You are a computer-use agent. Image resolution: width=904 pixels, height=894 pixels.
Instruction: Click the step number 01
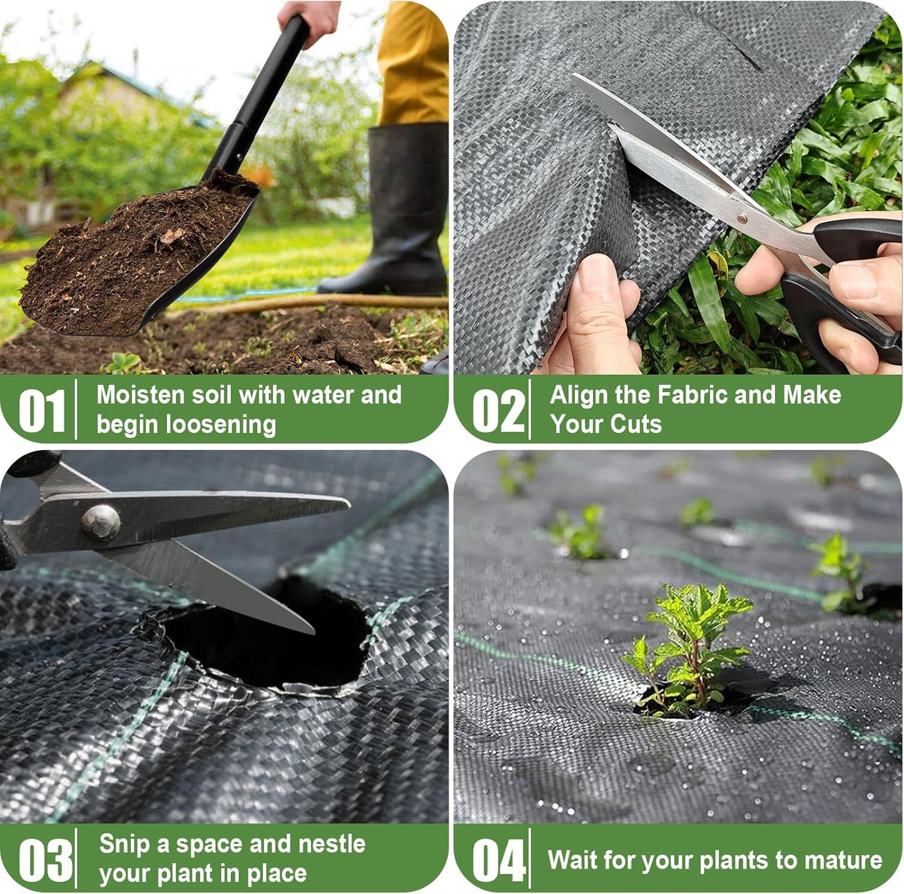coord(42,411)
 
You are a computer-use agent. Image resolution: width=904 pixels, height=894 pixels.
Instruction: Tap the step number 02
coord(498,411)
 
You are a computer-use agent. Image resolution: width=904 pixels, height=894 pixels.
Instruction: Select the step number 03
coord(45,860)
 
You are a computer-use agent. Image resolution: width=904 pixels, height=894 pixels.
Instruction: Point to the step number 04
coord(499,860)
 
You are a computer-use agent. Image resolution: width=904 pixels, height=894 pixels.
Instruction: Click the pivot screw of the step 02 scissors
coord(742,218)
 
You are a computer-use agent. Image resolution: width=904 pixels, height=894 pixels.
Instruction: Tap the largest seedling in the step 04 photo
coord(688,651)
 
